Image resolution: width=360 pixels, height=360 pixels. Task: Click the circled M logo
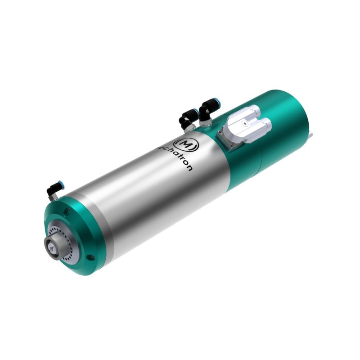click(x=186, y=143)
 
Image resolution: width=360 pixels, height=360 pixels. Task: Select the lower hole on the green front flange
click(x=92, y=258)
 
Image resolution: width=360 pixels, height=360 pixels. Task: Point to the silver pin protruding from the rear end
click(x=311, y=132)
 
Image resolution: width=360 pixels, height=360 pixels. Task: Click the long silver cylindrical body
click(x=148, y=193)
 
